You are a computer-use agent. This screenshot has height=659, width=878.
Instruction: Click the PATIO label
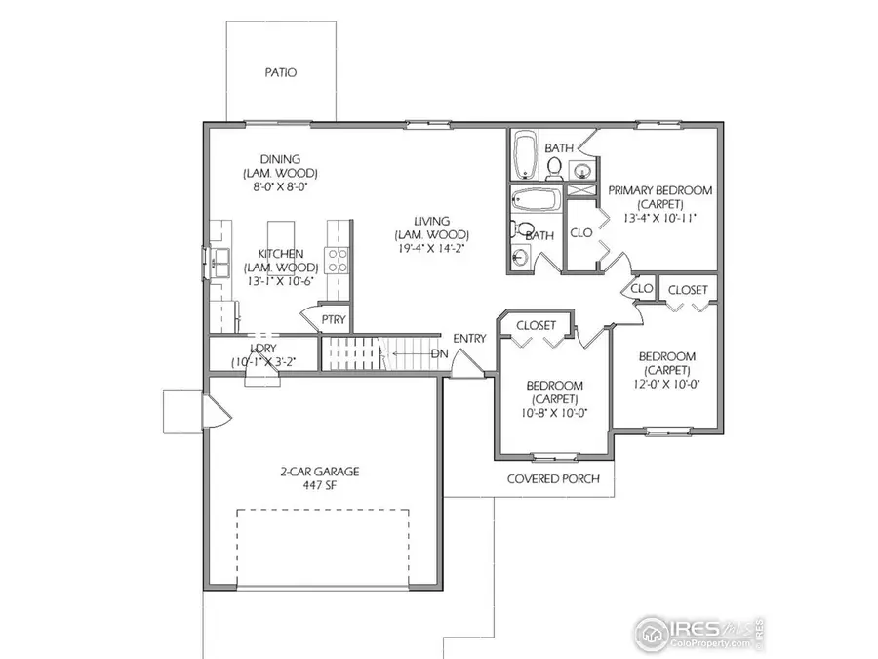(280, 72)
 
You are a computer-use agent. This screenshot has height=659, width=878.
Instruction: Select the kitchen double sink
(218, 260)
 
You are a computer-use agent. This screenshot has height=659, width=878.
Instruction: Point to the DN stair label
(440, 352)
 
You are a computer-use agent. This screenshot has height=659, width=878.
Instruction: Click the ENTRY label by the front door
(469, 339)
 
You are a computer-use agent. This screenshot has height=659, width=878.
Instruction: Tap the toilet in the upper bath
(554, 170)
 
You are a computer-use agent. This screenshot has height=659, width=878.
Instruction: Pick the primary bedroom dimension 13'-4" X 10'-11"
(658, 219)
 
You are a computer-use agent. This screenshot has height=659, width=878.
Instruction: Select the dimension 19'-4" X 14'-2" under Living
(432, 249)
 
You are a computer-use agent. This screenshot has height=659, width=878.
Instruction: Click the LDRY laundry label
(261, 349)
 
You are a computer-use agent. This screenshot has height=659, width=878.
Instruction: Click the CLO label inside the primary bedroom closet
(581, 232)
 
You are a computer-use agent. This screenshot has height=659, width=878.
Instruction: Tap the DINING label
(280, 159)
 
